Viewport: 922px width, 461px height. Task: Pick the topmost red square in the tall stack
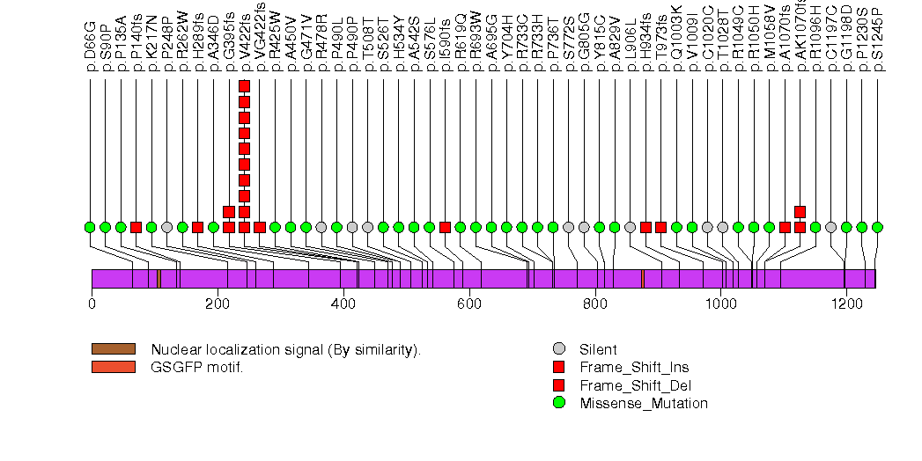[244, 85]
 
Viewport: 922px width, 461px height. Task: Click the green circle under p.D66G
[90, 227]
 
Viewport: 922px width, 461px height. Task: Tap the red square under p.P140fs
[136, 227]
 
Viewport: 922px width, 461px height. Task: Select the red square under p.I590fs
[445, 227]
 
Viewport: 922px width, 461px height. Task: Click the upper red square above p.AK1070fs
[800, 211]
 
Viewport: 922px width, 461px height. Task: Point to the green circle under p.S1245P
[877, 227]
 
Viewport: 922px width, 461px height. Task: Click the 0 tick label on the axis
[92, 304]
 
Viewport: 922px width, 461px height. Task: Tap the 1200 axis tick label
[845, 304]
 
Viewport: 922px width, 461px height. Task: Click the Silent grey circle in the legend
[558, 349]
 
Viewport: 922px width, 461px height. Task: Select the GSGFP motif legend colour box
[114, 367]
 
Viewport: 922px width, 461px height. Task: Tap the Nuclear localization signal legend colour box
[114, 349]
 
